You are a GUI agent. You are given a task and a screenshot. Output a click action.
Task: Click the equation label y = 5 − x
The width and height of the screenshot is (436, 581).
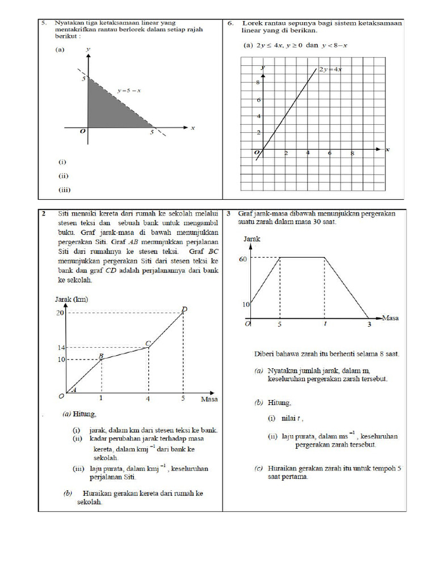coord(129,90)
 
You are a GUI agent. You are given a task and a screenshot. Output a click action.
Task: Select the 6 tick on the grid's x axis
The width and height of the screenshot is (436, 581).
coord(330,154)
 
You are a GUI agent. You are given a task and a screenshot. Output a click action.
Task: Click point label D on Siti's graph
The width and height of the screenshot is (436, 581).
coord(183,309)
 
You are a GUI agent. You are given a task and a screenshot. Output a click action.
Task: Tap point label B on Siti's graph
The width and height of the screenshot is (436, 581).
coord(102,356)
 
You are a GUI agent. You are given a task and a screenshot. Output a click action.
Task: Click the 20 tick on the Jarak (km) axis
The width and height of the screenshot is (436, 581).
coord(60,313)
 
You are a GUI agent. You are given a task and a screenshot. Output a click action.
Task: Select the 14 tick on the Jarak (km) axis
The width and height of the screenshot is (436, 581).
coord(60,347)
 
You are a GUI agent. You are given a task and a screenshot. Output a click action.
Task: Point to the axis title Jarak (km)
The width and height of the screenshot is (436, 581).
coord(72,299)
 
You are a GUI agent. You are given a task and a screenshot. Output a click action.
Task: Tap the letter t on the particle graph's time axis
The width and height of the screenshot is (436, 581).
coord(325,324)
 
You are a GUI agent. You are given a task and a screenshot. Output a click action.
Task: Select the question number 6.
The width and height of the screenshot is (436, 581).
coord(230,23)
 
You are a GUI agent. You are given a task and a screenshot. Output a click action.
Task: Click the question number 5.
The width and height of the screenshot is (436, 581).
coord(43,23)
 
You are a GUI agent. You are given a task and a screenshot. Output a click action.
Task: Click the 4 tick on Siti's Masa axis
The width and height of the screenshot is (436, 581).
coord(148,398)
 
